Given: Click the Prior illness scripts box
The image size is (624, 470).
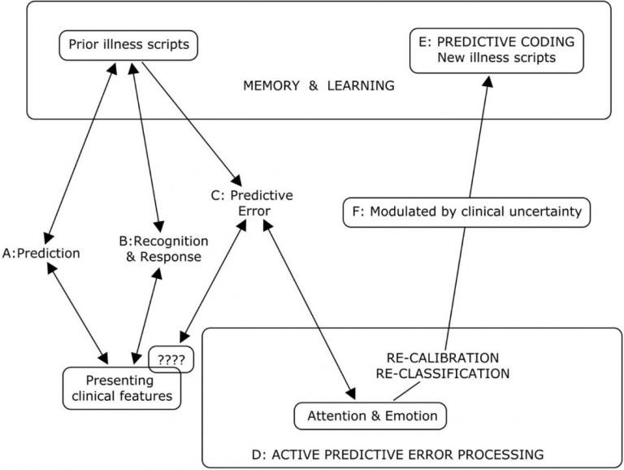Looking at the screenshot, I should click(128, 44).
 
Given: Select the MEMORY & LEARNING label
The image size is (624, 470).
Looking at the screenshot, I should click(318, 85).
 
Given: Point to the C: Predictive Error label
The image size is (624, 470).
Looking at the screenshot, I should click(251, 204).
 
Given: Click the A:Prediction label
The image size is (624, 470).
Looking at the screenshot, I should click(41, 252).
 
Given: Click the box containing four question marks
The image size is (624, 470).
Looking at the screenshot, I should click(171, 358).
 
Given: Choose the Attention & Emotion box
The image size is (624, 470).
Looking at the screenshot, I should click(372, 416).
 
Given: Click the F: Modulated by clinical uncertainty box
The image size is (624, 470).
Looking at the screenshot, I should click(465, 211).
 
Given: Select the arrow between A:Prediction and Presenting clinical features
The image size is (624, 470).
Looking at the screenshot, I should click(79, 313).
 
